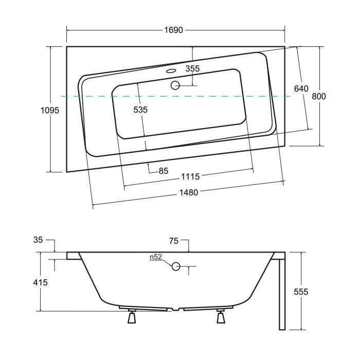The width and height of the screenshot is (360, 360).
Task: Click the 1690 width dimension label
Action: tap(174, 30)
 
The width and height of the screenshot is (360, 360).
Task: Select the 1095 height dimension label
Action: tap(50, 111)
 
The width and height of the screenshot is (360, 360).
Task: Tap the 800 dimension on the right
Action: tap(319, 96)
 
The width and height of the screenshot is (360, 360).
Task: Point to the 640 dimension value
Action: tap(301, 88)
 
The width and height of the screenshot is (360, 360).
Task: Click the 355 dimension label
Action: tap(192, 68)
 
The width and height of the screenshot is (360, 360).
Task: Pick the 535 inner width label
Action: tap(140, 110)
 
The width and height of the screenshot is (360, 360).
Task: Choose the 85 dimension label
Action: tap(164, 171)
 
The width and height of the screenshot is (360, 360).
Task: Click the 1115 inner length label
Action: tap(190, 176)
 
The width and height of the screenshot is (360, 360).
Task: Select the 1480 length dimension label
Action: tap(189, 192)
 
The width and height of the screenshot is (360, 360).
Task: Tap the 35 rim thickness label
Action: tap(38, 240)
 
